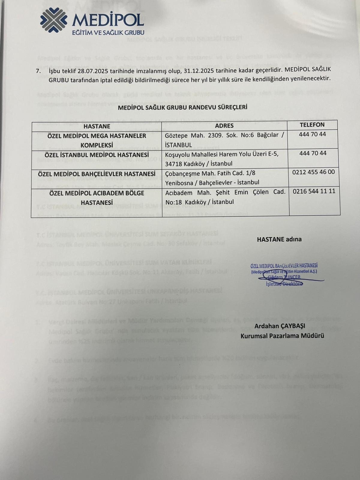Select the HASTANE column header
97,126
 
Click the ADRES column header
224,126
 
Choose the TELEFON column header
312,125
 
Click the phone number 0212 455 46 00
313,172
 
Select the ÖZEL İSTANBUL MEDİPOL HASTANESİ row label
97,155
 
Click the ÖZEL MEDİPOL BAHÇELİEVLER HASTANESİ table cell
97,174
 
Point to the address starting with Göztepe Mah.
224,140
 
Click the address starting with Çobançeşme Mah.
212,178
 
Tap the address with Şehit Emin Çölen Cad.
225,197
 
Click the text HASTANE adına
279,239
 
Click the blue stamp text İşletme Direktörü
284,284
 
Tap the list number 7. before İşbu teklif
38,70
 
